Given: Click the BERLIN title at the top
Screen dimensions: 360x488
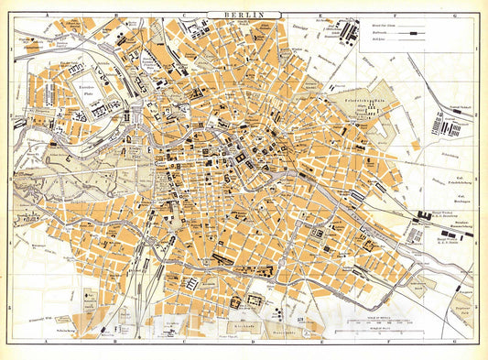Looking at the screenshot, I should point(244,16).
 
